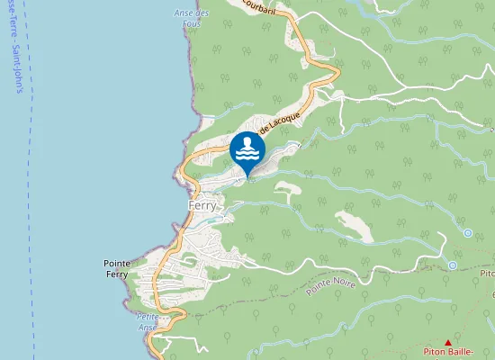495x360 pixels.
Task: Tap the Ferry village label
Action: (x=202, y=205)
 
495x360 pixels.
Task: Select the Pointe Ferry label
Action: (x=118, y=268)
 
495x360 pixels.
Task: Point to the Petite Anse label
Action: (x=147, y=321)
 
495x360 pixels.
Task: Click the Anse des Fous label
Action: (x=191, y=17)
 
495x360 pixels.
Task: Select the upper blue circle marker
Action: (x=468, y=233)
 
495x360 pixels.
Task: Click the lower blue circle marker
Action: (x=452, y=265)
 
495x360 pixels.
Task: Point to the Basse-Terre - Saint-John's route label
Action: (x=16, y=45)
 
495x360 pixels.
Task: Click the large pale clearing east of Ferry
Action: (x=353, y=225)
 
